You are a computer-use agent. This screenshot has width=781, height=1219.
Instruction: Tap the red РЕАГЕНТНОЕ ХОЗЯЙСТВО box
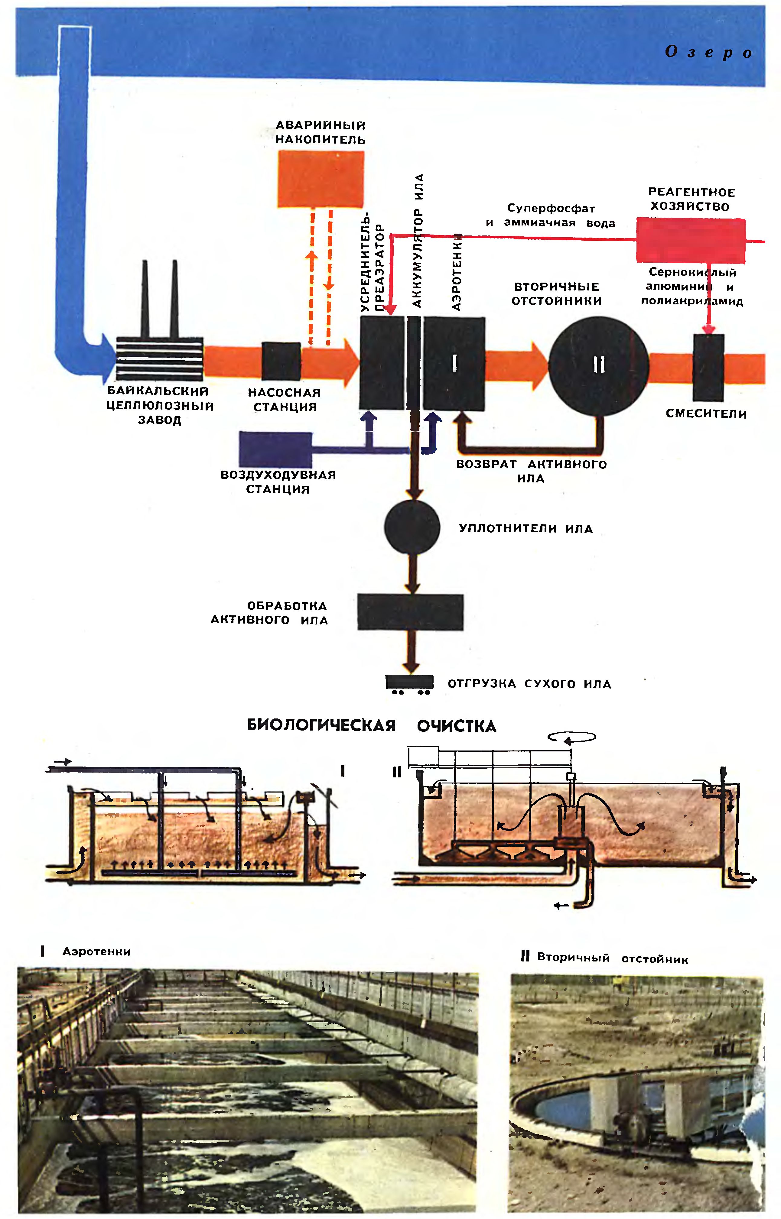coord(691,240)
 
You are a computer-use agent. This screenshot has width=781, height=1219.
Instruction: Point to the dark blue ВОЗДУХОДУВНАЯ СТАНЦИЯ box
coord(275,449)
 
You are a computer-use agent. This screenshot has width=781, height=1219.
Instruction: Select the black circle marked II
coord(598,366)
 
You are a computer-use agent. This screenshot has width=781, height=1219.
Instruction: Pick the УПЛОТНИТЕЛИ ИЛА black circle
coord(412,527)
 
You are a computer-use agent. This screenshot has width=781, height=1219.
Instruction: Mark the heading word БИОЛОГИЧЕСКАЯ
coord(321,725)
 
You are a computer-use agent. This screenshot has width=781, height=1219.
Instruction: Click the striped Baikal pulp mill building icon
coord(160,359)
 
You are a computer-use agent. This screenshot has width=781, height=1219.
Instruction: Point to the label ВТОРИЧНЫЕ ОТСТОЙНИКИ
coord(556,294)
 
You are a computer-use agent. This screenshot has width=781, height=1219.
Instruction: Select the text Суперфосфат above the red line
coord(551,208)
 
